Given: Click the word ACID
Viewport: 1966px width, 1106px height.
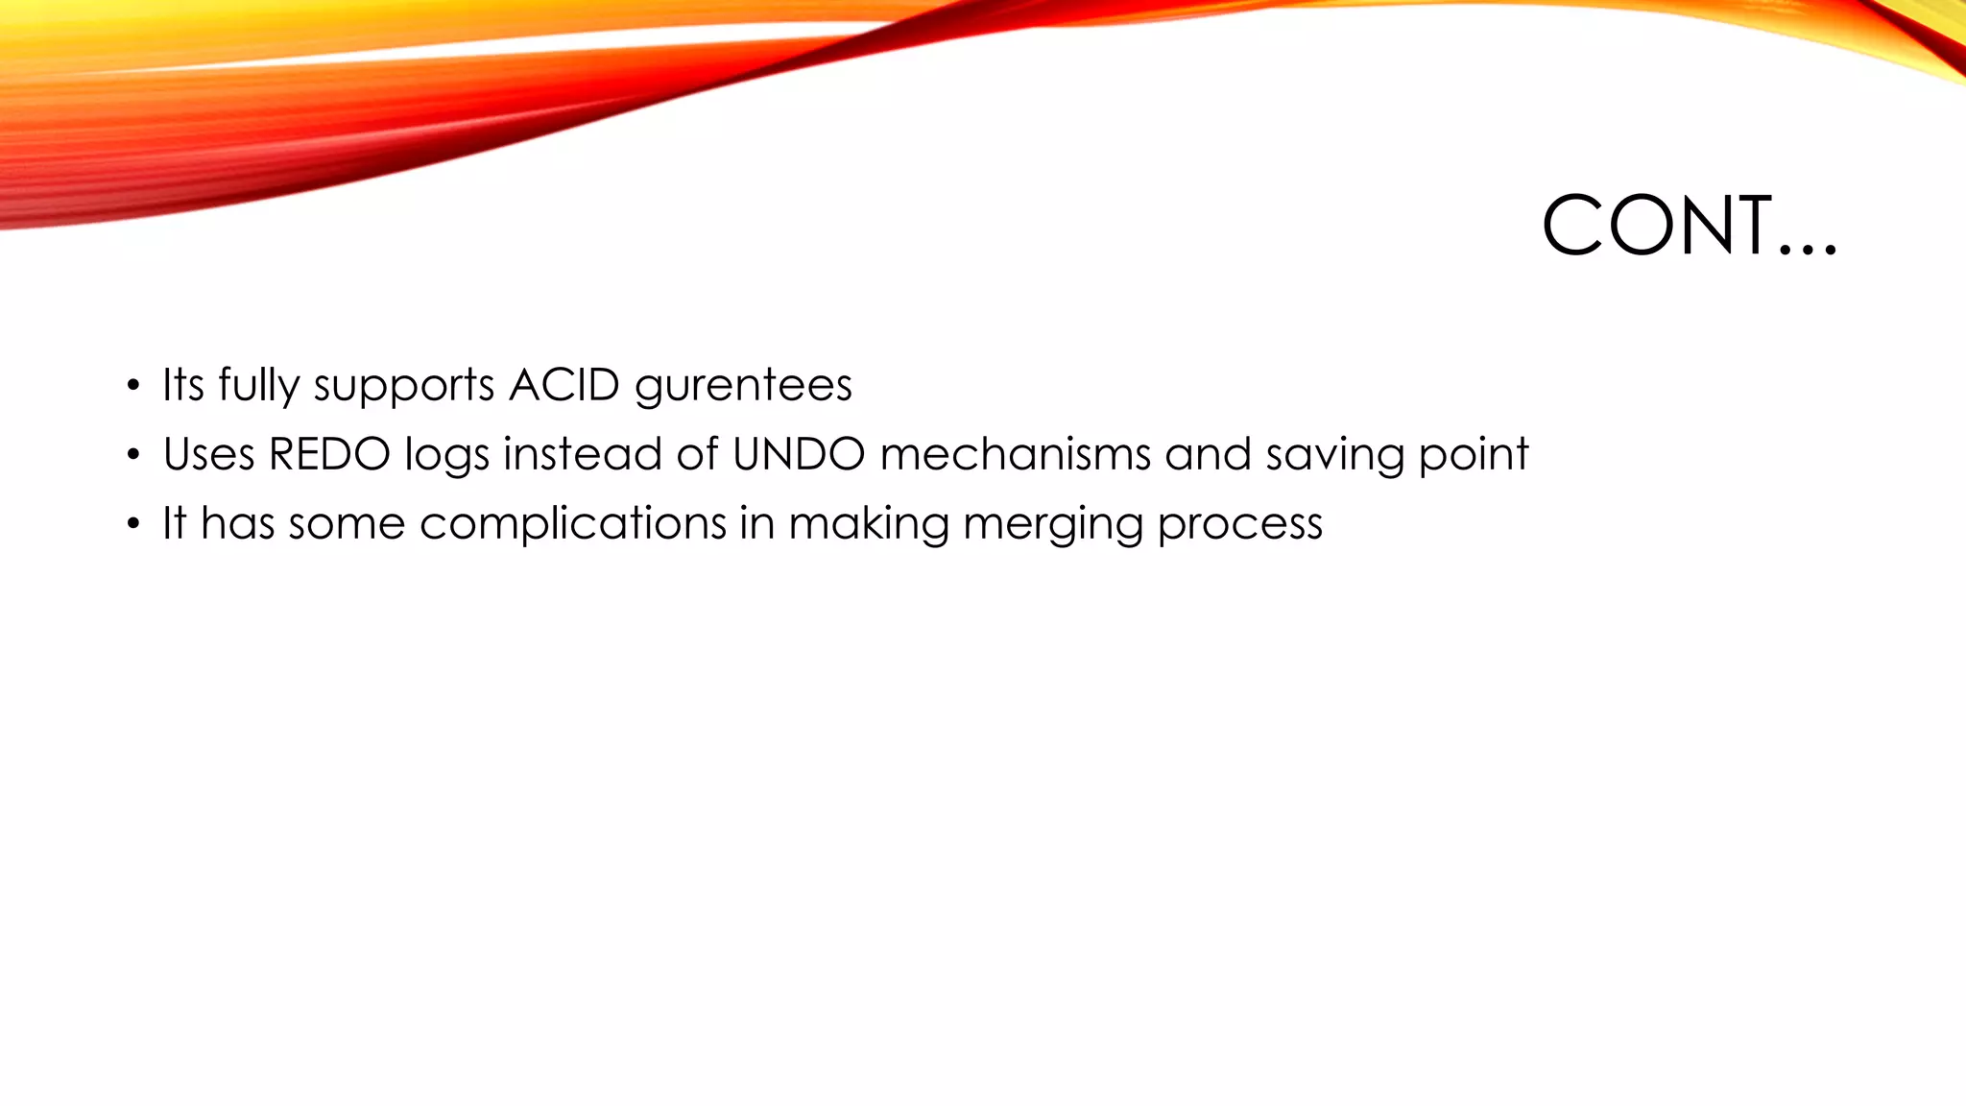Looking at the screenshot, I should (564, 385).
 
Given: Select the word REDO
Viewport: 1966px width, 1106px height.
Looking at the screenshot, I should (329, 454).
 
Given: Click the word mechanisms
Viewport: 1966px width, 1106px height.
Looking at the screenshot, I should (1015, 454).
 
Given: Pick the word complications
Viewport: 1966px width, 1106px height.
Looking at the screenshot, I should (572, 524).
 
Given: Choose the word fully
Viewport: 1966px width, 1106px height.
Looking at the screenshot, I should (258, 385).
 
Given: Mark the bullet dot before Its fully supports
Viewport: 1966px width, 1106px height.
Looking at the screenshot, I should (132, 387).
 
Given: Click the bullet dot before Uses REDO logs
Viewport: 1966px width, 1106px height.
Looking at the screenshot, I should (132, 456).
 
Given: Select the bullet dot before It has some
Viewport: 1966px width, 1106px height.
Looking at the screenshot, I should (132, 525).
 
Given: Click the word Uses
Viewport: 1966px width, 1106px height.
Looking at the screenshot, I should (208, 454).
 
